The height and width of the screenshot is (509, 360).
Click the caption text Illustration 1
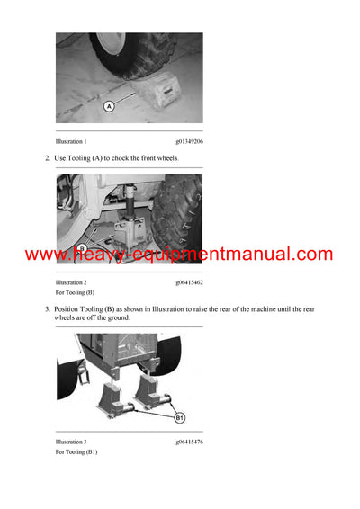(x=71, y=142)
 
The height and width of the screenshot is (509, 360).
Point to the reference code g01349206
(x=189, y=142)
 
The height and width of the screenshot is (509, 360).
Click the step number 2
(x=47, y=158)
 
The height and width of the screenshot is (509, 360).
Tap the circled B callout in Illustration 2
(x=81, y=247)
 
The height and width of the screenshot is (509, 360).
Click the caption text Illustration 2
(x=71, y=283)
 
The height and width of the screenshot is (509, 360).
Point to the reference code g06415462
(x=189, y=283)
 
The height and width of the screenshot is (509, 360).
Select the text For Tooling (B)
(x=75, y=293)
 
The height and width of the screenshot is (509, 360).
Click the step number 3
(x=47, y=309)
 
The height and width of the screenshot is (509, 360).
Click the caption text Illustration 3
(x=71, y=442)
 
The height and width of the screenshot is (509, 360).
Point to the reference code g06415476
(x=189, y=442)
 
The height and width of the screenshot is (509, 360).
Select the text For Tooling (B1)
(x=76, y=452)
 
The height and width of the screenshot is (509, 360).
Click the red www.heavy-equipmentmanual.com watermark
(x=179, y=254)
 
